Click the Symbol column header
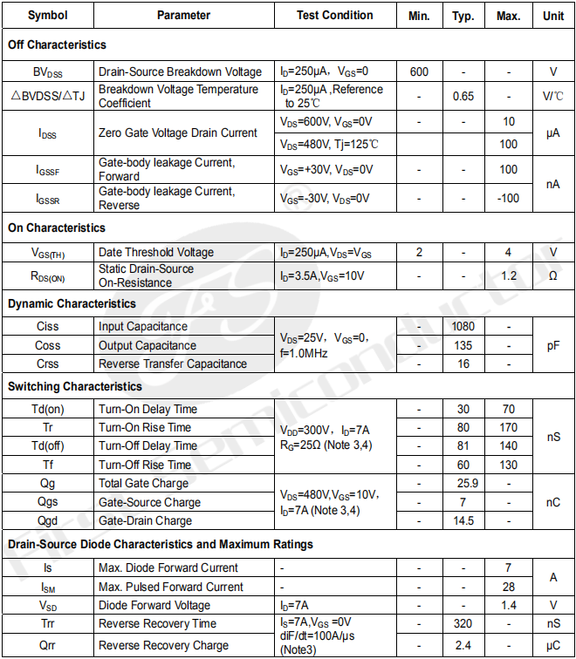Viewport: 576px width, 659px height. pyautogui.click(x=48, y=16)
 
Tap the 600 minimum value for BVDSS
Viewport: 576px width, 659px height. pyautogui.click(x=419, y=72)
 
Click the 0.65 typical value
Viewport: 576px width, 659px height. pyautogui.click(x=463, y=96)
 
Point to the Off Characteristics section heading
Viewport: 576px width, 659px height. pyautogui.click(x=58, y=44)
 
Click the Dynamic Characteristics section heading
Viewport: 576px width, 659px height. pyautogui.click(x=72, y=303)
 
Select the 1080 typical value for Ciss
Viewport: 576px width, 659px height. pyautogui.click(x=463, y=326)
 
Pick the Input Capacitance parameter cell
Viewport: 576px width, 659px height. pyautogui.click(x=143, y=326)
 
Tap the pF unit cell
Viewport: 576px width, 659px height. pyautogui.click(x=553, y=345)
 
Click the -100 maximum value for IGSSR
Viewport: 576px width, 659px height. pyautogui.click(x=509, y=199)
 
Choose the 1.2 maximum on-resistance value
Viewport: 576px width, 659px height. pyautogui.click(x=509, y=276)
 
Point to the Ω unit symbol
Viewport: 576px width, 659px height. pyautogui.click(x=553, y=276)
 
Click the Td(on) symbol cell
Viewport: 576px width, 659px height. pyautogui.click(x=48, y=409)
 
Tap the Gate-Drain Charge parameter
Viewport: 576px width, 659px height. pyautogui.click(x=145, y=520)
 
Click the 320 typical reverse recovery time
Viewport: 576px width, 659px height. pyautogui.click(x=463, y=624)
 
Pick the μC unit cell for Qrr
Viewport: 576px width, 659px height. pyautogui.click(x=553, y=646)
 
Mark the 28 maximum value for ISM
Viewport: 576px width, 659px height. pyautogui.click(x=509, y=588)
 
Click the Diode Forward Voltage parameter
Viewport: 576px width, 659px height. pyautogui.click(x=154, y=605)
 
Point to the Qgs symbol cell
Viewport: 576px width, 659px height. pyautogui.click(x=48, y=502)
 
